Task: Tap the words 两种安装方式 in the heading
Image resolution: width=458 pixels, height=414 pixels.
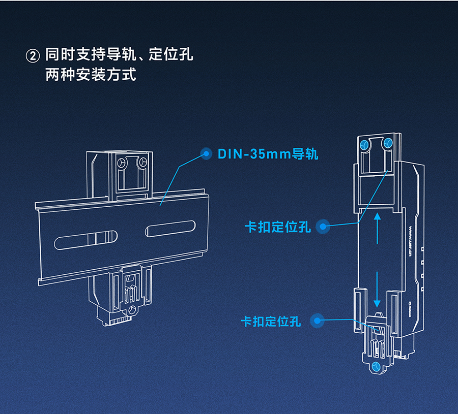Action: click(x=91, y=75)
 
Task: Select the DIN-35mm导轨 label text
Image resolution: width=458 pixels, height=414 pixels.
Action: click(x=268, y=154)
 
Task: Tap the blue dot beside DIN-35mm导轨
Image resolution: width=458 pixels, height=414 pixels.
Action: click(x=206, y=154)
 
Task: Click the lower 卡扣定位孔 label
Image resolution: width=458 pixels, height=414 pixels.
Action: click(x=271, y=321)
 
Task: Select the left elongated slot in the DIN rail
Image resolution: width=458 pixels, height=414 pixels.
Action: click(x=87, y=238)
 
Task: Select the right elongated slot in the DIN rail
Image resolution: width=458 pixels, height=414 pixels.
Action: click(x=171, y=228)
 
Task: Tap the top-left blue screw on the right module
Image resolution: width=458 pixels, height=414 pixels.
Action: click(x=364, y=144)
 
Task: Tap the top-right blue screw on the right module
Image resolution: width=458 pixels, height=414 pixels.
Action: click(x=388, y=143)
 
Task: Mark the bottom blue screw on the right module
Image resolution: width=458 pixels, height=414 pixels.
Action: click(x=376, y=366)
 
